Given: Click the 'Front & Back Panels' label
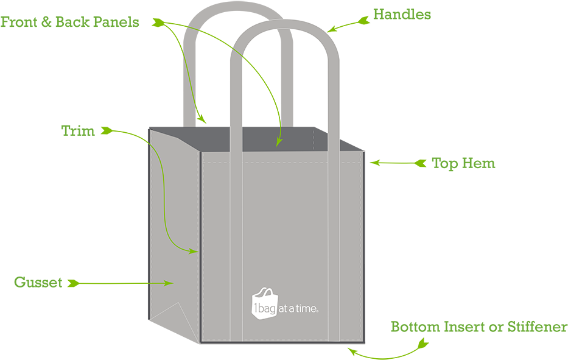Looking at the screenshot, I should tap(70, 23).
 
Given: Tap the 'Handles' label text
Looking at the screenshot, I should tap(402, 15).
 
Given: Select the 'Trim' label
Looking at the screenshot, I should tap(78, 130).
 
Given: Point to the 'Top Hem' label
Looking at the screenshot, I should tap(463, 163).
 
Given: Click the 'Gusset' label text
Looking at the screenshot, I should tap(38, 283).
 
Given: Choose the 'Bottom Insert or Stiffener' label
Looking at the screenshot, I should tap(479, 327).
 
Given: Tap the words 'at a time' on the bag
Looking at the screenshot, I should tap(299, 309).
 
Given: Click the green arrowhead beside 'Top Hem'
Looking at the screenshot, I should tap(421, 163).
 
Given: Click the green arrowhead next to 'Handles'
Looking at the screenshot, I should tap(364, 20).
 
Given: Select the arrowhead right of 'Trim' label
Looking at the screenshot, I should tap(107, 130).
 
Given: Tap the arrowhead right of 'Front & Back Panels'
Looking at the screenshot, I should tap(160, 23).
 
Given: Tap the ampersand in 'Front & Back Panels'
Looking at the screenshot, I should tap(46, 23).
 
